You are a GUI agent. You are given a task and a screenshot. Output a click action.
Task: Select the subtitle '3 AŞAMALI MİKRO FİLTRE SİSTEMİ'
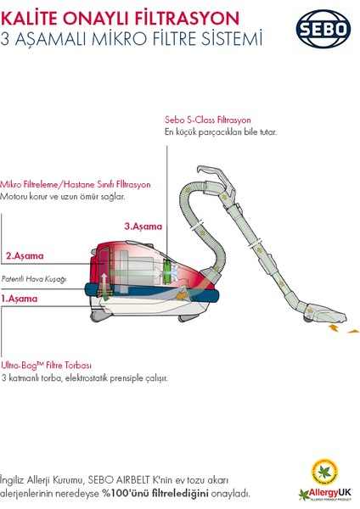coord(132,38)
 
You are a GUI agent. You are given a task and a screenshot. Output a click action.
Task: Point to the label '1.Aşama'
coord(20,299)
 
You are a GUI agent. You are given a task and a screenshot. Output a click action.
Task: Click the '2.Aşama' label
coord(24,255)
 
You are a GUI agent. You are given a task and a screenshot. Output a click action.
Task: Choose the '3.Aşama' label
coord(143,227)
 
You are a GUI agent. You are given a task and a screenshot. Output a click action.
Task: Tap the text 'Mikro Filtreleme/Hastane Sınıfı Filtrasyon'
coord(76,184)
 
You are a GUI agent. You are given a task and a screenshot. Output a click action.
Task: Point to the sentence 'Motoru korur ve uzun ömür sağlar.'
coord(63,197)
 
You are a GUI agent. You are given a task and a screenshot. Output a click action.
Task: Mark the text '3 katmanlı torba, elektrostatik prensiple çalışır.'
coord(84,378)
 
